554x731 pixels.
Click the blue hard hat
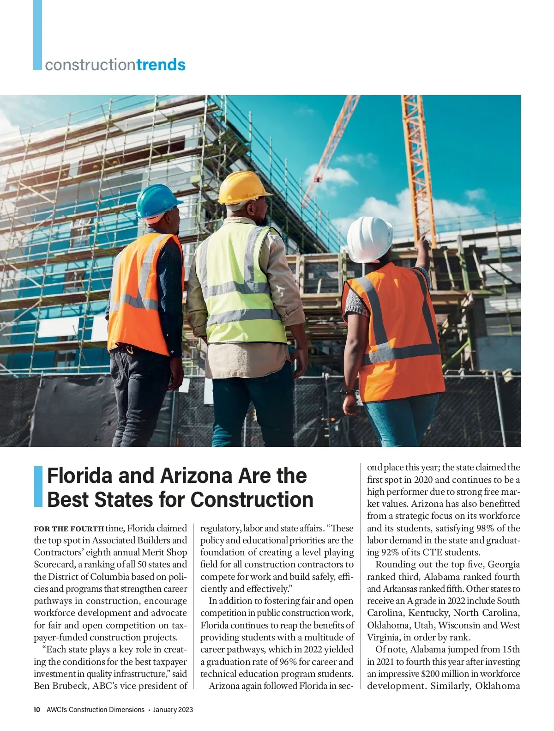(x=158, y=201)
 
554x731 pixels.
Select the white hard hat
(x=369, y=239)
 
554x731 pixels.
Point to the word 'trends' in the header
(x=161, y=65)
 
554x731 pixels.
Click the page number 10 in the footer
(x=37, y=710)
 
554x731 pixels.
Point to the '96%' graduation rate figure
(x=288, y=662)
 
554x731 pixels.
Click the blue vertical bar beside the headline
(x=38, y=487)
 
